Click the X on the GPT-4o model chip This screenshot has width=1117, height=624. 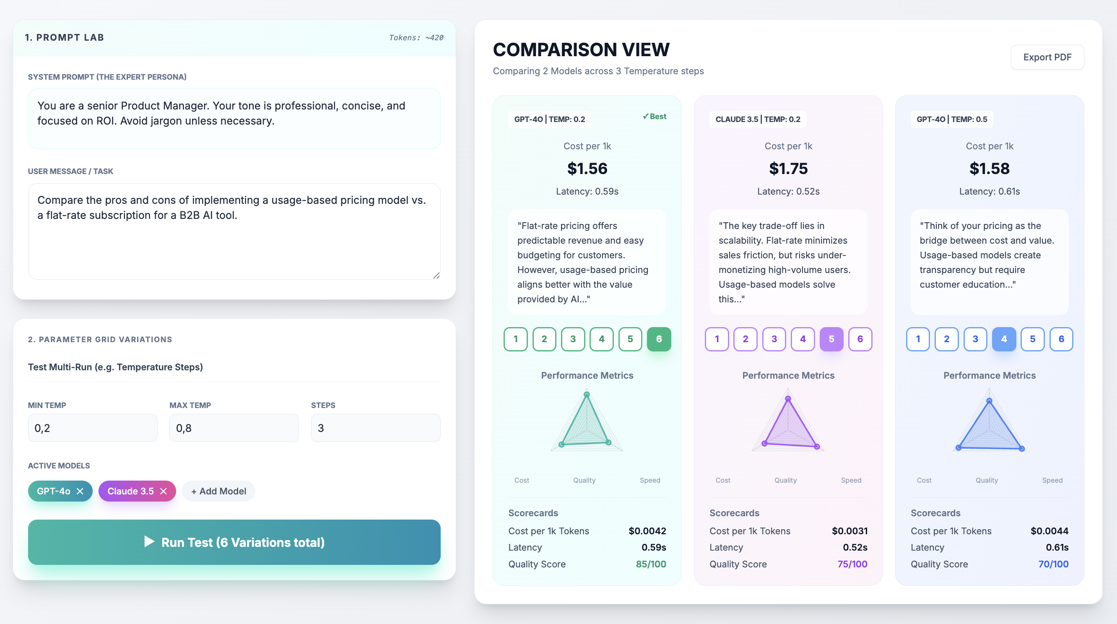point(80,491)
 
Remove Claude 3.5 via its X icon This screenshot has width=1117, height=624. point(164,491)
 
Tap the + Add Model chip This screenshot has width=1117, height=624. point(218,491)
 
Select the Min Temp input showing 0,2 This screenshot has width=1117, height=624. point(92,428)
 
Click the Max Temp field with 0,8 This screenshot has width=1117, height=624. point(234,428)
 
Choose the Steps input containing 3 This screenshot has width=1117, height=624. point(375,428)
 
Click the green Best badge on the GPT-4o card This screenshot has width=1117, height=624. point(655,116)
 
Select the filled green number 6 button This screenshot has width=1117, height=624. point(659,339)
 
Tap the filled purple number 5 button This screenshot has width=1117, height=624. point(831,339)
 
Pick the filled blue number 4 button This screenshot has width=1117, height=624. point(1003,339)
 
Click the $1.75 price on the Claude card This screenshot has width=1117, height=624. point(788,168)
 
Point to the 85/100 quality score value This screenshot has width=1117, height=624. point(650,564)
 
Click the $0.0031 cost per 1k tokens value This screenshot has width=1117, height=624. point(849,531)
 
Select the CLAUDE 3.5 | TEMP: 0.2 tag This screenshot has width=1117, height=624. point(758,119)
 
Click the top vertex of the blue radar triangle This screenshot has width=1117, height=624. point(989,400)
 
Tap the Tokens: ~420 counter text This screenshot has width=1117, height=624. point(416,38)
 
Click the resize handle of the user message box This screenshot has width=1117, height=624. point(436,276)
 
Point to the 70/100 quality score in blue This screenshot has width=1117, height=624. point(1053,564)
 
